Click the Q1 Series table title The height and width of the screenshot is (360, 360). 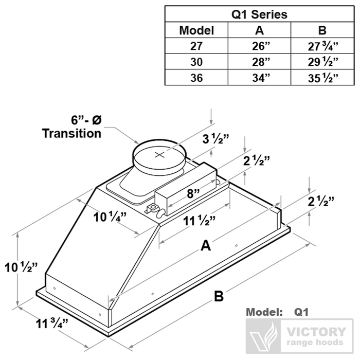tap(260, 14)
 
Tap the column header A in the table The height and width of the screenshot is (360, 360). tap(260, 30)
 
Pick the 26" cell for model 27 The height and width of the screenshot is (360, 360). tap(260, 46)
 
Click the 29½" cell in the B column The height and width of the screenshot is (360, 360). tap(322, 62)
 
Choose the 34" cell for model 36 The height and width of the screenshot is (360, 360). tap(260, 78)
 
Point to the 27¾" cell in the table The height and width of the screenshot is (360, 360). tap(322, 46)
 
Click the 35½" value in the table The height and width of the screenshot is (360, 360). tap(322, 78)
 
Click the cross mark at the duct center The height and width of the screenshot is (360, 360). tap(160, 154)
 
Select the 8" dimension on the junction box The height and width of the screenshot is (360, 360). tap(193, 194)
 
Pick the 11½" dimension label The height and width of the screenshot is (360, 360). tap(200, 222)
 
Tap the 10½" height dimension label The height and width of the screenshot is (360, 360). tap(21, 267)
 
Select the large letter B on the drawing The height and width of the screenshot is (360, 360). tap(219, 297)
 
